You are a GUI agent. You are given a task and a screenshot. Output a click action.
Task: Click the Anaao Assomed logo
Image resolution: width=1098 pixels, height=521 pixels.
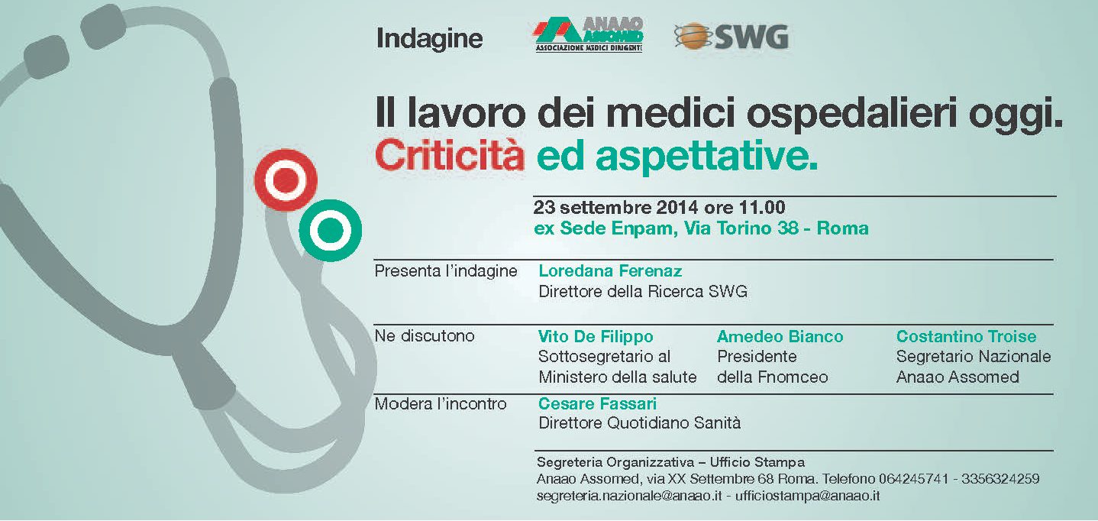point(588,34)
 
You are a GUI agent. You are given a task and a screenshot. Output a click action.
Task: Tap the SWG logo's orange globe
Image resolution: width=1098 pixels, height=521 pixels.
point(693,37)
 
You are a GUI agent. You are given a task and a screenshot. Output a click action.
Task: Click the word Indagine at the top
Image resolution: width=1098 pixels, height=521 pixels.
point(429,39)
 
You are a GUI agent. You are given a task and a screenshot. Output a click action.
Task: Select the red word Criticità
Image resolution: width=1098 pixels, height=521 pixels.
point(449,156)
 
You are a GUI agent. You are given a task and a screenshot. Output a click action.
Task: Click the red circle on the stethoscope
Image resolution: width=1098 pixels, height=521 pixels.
point(286,180)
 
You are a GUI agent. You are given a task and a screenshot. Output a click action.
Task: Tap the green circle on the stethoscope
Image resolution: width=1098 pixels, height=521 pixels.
point(331,230)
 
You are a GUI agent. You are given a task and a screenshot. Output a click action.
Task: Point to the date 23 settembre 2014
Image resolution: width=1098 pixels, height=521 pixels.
point(615,208)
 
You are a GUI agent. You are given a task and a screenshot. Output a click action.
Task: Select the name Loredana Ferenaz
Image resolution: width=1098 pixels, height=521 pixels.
point(610,270)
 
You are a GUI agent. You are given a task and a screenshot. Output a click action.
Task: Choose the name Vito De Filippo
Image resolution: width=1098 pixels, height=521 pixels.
point(596,337)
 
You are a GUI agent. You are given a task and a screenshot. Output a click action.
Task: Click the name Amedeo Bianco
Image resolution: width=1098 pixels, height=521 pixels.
point(780,337)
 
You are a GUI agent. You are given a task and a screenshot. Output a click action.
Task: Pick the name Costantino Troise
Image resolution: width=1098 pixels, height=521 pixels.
point(966,337)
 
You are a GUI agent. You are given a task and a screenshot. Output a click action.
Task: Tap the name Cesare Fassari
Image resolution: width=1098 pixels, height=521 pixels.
point(597,404)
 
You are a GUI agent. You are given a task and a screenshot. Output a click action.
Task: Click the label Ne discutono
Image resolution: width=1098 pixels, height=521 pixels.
point(425,336)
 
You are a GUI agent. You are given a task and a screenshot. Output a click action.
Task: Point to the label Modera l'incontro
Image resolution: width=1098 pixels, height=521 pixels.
point(440,404)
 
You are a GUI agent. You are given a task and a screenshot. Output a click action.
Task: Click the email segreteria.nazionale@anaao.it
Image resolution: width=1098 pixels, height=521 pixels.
point(629,496)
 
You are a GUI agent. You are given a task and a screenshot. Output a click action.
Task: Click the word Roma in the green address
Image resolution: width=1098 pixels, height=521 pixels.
point(842,228)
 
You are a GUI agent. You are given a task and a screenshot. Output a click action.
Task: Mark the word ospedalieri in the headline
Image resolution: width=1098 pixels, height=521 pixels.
point(851,115)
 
